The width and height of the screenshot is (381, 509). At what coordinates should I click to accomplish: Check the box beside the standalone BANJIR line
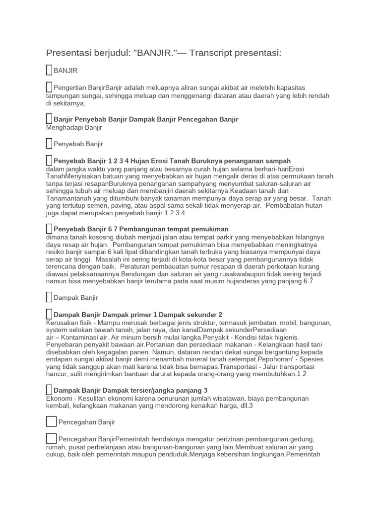point(49,71)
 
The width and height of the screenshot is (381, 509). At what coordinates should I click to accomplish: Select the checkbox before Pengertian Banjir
point(49,87)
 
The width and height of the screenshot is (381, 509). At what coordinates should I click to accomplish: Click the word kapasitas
point(309,87)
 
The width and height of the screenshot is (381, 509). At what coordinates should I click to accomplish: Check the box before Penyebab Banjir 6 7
point(49,229)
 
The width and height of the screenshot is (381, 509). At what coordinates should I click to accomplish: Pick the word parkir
point(236,237)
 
